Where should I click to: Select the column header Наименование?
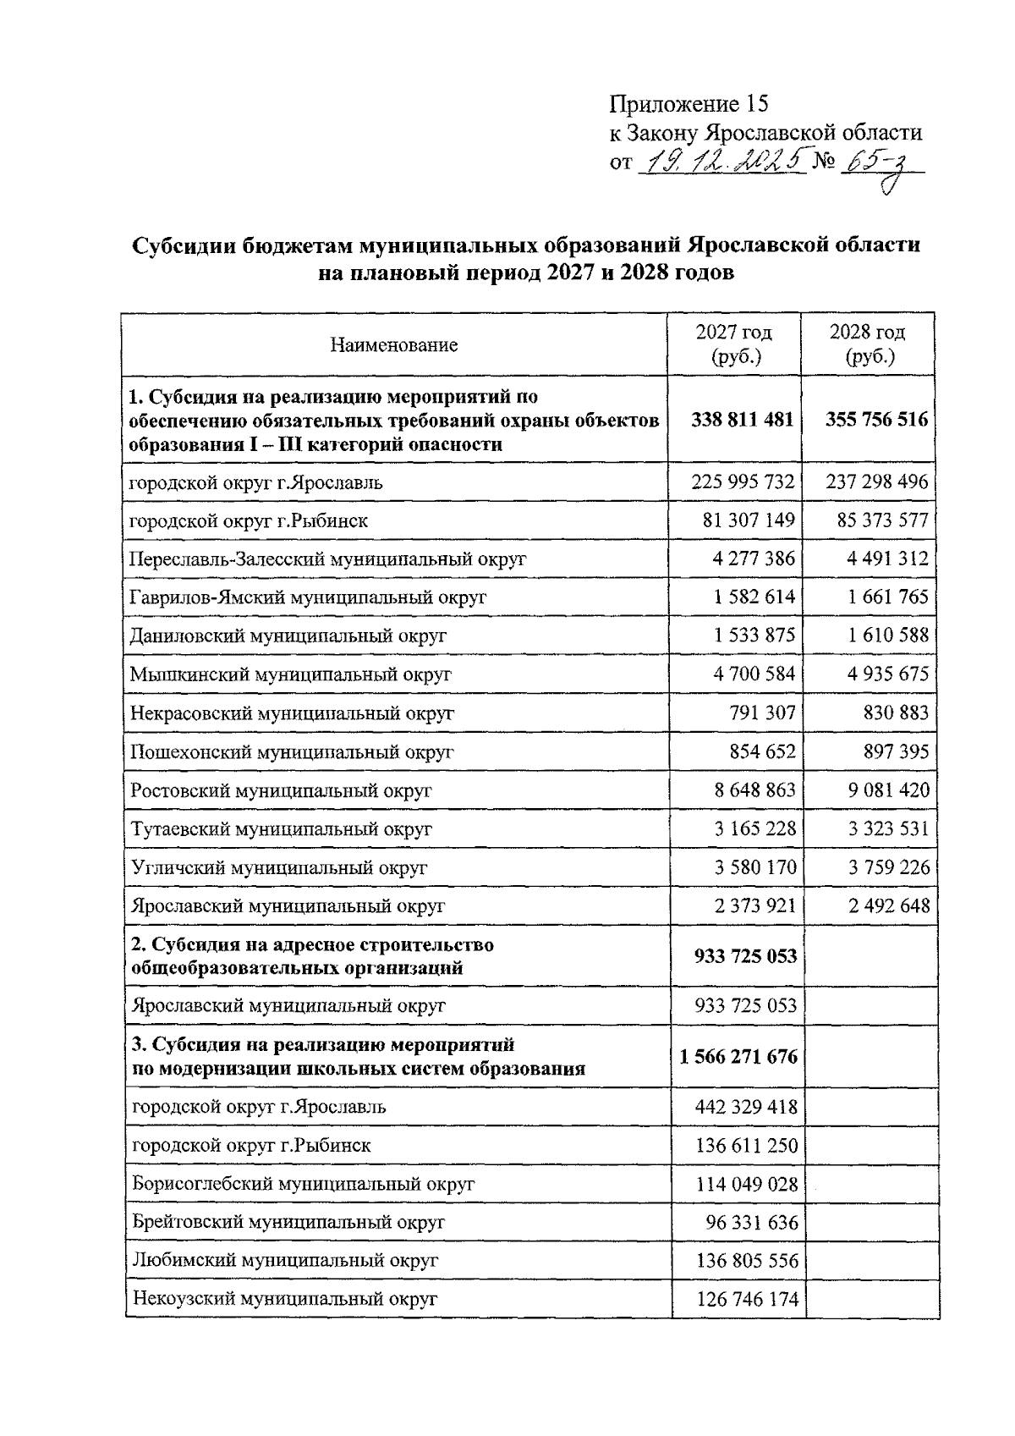(394, 345)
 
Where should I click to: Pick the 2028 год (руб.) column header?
(868, 344)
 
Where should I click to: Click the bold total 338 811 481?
(742, 420)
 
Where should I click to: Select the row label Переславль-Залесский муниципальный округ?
(327, 559)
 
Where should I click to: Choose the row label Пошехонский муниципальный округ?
(292, 751)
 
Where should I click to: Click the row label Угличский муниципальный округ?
(279, 867)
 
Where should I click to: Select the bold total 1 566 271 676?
(738, 1057)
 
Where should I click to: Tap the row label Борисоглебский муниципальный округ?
(303, 1184)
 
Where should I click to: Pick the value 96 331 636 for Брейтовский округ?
(751, 1223)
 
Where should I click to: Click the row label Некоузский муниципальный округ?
(284, 1299)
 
